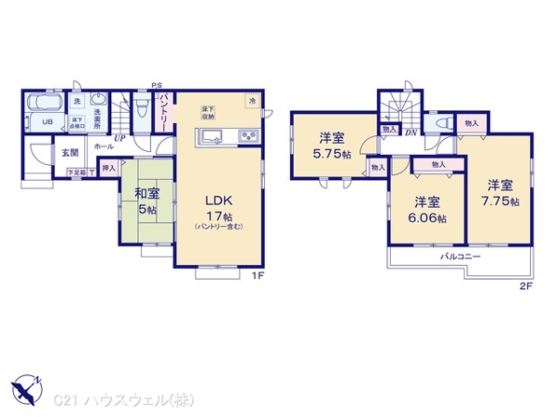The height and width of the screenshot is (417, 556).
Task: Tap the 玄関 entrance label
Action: [70, 152]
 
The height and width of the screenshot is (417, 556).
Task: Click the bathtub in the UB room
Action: [43, 102]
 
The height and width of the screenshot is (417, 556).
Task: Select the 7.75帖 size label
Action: [500, 201]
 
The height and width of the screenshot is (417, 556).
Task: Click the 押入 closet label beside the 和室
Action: [108, 170]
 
